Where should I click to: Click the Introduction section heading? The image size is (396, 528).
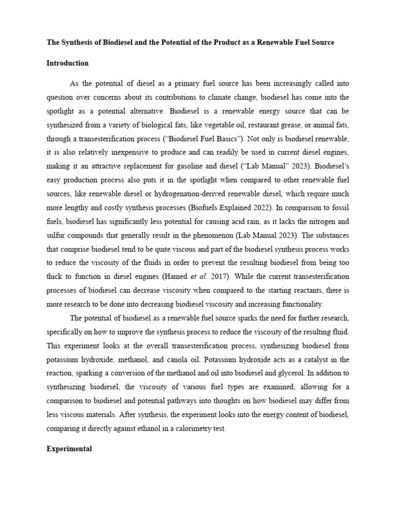(x=67, y=63)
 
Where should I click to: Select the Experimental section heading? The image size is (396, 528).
(x=69, y=449)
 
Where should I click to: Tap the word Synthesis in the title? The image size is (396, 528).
(x=78, y=42)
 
